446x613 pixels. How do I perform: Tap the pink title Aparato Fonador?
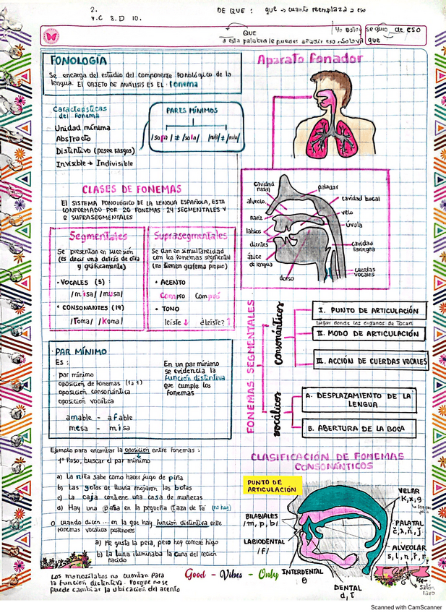click(309, 60)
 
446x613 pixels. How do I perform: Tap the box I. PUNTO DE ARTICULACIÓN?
click(369, 311)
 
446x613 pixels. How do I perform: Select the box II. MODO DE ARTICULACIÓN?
click(369, 334)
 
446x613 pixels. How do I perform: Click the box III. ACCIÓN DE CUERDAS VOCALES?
click(372, 361)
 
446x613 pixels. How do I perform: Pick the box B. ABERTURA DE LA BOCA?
click(360, 429)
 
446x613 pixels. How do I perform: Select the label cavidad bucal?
click(362, 197)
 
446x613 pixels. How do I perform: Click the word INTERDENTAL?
click(302, 572)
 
